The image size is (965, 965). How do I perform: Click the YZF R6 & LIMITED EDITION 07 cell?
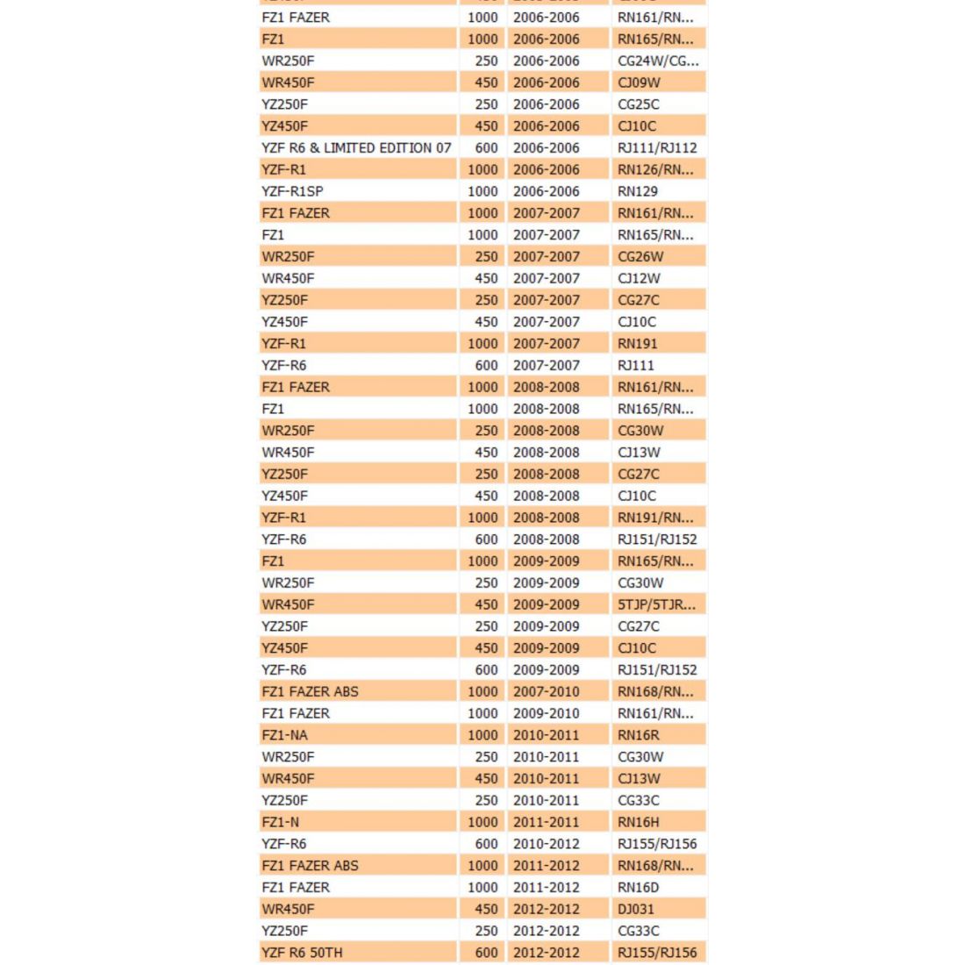[x=356, y=147]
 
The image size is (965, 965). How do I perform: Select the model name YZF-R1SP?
[x=292, y=191]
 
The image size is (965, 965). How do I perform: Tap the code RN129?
[x=638, y=191]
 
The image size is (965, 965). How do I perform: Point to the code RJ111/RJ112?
[x=657, y=147]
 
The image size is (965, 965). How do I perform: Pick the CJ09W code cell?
[x=639, y=82]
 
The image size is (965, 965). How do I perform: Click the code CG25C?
[x=639, y=104]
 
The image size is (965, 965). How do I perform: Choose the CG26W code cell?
[x=640, y=256]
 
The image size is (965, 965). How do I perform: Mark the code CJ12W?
[x=639, y=278]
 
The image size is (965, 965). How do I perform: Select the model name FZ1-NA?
[x=285, y=735]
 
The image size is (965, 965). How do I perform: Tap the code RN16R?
[x=639, y=735]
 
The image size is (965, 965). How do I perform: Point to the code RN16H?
[x=639, y=822]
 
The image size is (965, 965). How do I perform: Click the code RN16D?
[x=639, y=887]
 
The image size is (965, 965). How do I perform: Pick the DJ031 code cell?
[x=636, y=909]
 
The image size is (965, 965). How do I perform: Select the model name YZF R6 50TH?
[x=302, y=953]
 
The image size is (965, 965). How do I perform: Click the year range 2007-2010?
[x=546, y=691]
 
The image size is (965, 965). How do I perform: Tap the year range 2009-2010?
[x=546, y=713]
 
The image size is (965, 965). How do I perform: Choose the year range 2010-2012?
[x=546, y=844]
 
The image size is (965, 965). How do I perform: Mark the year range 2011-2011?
[x=546, y=822]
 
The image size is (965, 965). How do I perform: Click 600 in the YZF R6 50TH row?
[x=486, y=953]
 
